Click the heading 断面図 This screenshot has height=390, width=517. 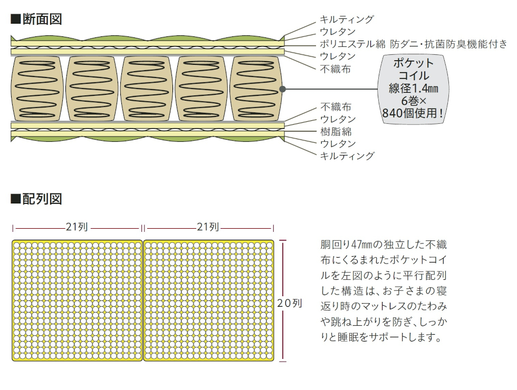(36, 19)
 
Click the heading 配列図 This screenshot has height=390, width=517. (36, 199)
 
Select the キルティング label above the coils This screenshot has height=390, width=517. (347, 19)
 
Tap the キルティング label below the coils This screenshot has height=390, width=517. (347, 155)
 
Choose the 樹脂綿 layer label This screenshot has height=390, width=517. (336, 131)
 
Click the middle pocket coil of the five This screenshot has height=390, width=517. (146, 87)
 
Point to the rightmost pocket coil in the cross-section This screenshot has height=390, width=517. (254, 87)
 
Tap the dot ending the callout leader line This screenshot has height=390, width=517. (282, 89)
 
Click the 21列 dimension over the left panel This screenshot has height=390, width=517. (77, 228)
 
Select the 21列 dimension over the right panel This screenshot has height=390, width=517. (208, 228)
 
